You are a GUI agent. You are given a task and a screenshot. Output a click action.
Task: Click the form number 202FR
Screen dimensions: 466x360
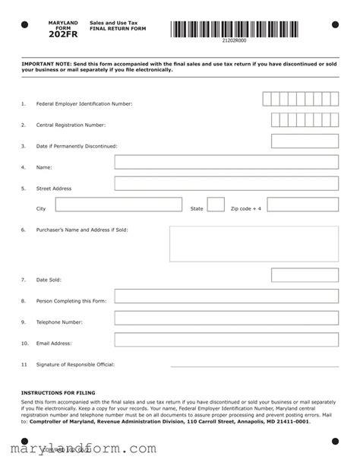tap(62, 34)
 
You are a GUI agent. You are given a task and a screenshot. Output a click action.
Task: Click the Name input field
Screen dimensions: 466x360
tap(226, 162)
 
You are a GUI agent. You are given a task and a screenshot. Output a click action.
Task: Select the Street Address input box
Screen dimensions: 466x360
tap(226, 183)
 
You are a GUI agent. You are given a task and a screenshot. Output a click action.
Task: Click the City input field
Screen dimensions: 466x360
tap(118, 204)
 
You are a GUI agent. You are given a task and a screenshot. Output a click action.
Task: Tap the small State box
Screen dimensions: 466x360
tap(216, 204)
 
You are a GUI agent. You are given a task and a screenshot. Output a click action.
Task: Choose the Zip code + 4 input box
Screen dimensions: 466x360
tap(302, 204)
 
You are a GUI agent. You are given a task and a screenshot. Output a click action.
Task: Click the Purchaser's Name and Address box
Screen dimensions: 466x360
tap(254, 243)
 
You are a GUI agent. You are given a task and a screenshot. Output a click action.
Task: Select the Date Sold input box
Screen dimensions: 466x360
tap(305, 275)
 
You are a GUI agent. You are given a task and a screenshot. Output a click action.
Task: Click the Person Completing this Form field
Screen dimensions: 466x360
tap(226, 296)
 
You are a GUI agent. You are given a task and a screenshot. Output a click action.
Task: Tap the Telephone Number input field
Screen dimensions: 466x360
tap(226, 318)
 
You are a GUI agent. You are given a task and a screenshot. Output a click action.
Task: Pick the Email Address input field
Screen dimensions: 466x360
tap(226, 339)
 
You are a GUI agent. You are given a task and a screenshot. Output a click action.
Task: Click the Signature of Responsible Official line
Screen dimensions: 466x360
tap(254, 365)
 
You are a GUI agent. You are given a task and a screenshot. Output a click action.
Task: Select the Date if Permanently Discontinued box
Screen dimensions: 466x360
tap(305, 141)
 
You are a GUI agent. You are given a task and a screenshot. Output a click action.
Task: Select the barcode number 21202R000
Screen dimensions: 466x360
tap(234, 41)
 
